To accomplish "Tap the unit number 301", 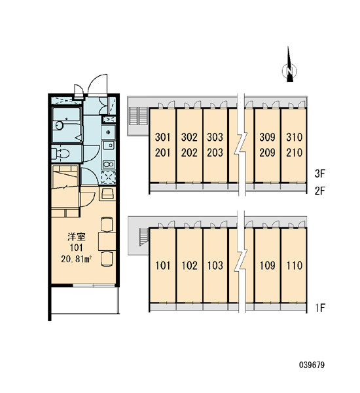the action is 162,137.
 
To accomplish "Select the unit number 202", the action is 189,153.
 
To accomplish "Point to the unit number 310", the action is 294,137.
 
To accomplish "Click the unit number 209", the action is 267,153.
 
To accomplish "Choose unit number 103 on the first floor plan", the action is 215,265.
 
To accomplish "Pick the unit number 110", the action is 295,265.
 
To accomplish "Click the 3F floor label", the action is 319,174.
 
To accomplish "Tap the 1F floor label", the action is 320,308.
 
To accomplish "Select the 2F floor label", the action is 319,191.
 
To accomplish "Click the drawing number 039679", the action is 312,365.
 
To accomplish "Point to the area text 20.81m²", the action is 76,259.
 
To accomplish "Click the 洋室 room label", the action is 77,236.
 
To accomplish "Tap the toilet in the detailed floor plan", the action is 61,154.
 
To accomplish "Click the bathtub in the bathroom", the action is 67,125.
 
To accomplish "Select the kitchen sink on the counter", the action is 109,145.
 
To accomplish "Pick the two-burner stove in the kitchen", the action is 109,164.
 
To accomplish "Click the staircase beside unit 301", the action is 138,115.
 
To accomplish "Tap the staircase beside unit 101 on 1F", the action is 144,236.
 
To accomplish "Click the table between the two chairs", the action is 107,241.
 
